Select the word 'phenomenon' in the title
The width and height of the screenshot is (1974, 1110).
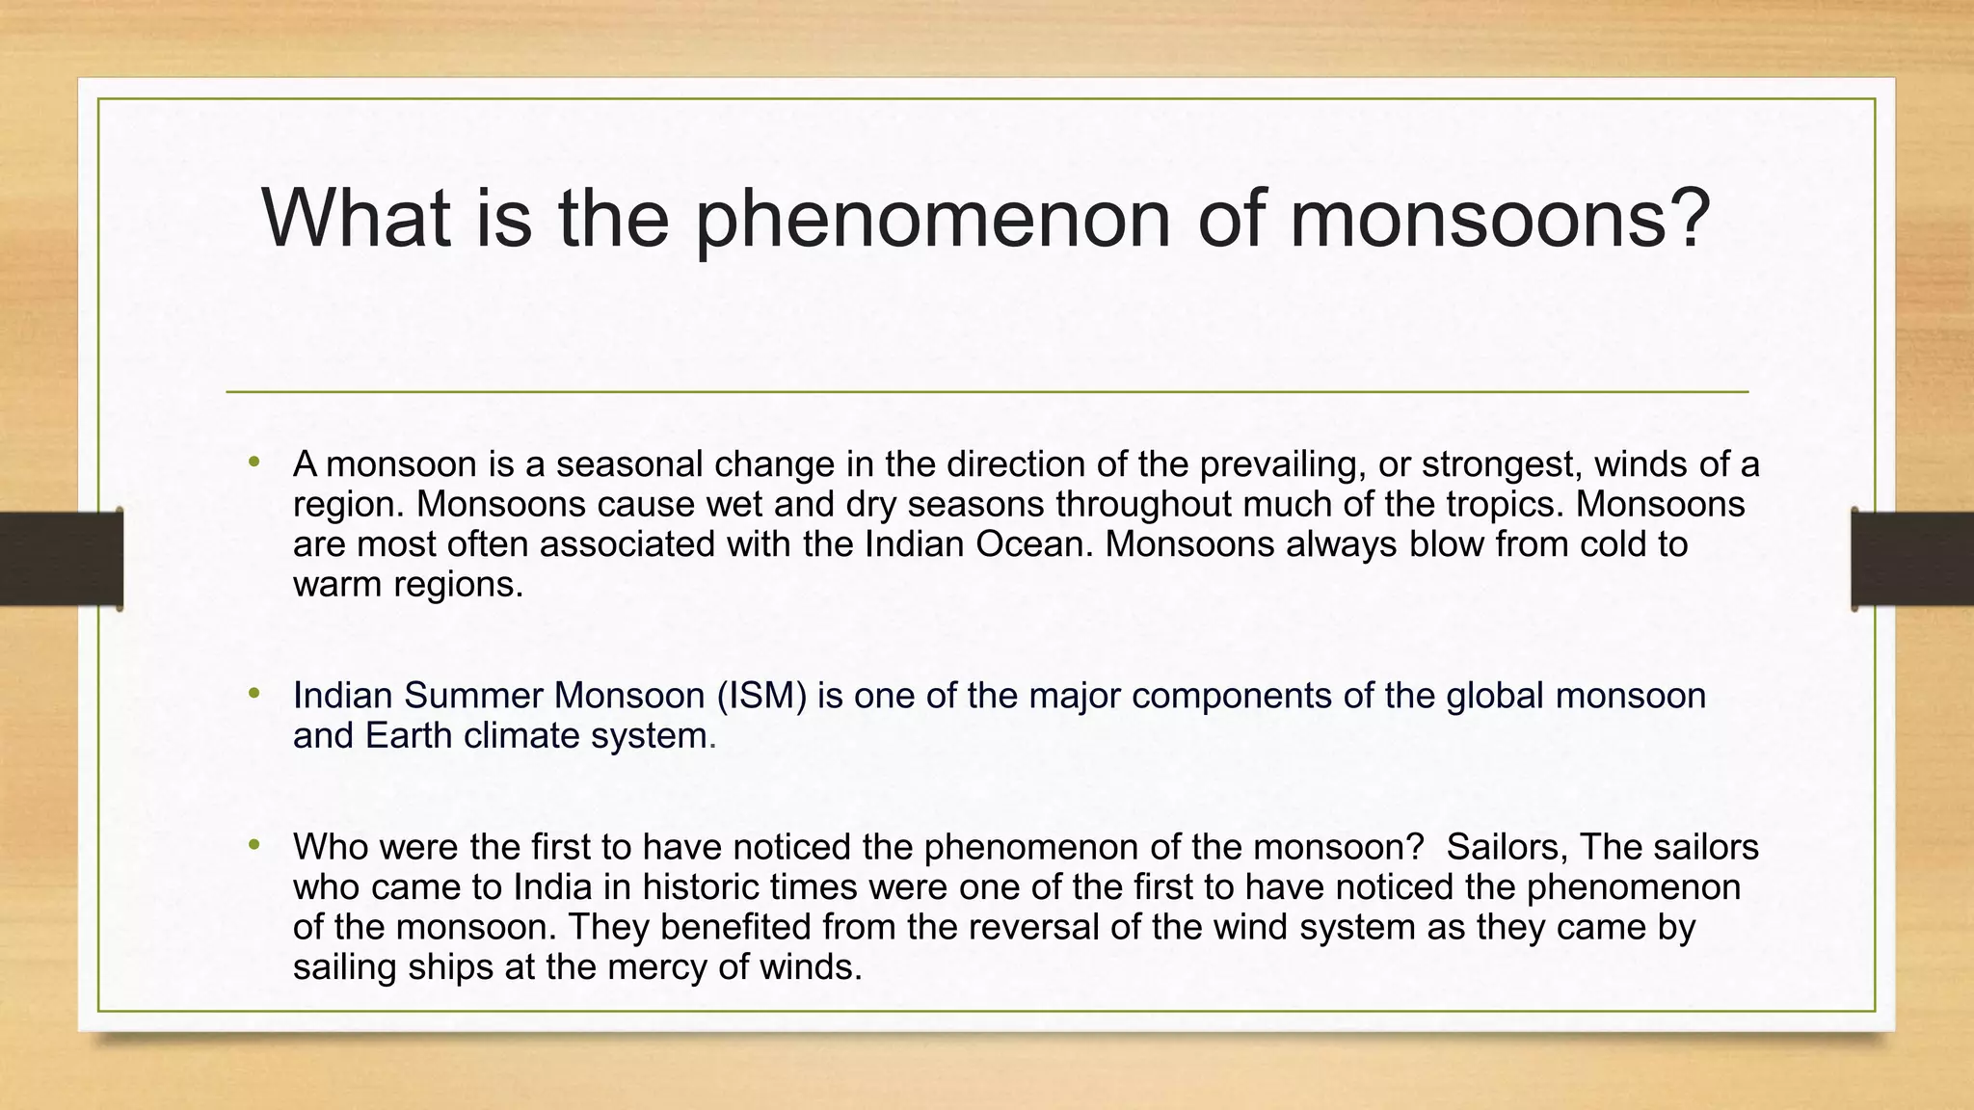click(932, 220)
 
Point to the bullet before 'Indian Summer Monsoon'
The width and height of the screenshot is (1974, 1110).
click(254, 693)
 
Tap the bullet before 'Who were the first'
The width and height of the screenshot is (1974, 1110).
click(254, 845)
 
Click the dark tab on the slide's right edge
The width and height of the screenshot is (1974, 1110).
click(1912, 559)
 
